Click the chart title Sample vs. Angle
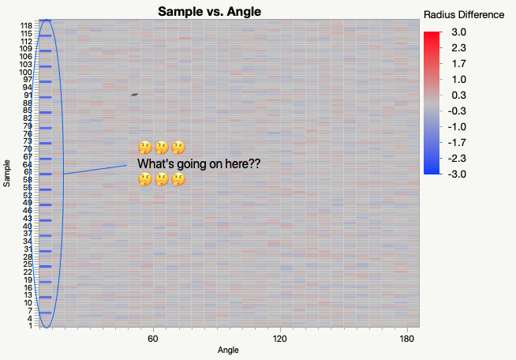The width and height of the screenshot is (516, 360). pyautogui.click(x=209, y=11)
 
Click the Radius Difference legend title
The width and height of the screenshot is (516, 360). pyautogui.click(x=464, y=14)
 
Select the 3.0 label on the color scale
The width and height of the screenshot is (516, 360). pyautogui.click(x=459, y=32)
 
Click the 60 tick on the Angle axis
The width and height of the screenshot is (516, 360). pyautogui.click(x=153, y=339)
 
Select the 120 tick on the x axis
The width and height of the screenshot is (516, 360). pyautogui.click(x=279, y=339)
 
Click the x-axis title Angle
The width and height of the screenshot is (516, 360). pyautogui.click(x=227, y=350)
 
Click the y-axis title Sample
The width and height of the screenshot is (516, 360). pyautogui.click(x=7, y=173)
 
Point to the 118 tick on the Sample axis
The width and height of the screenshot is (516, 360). pyautogui.click(x=26, y=26)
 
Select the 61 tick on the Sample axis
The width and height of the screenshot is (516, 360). pyautogui.click(x=28, y=172)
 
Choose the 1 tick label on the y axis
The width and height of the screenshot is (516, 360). pyautogui.click(x=31, y=325)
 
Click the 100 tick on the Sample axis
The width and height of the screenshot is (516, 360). pyautogui.click(x=26, y=72)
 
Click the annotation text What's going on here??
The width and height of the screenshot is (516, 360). pyautogui.click(x=199, y=163)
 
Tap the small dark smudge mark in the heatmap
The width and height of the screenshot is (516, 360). pyautogui.click(x=135, y=95)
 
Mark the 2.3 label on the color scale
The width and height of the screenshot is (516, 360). pyautogui.click(x=459, y=47)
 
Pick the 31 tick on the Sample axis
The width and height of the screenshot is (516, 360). pyautogui.click(x=28, y=249)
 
